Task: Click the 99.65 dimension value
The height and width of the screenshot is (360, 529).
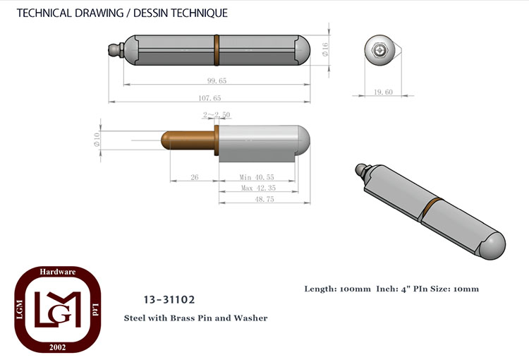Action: (x=217, y=80)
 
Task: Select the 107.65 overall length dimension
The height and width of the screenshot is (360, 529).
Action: (x=209, y=98)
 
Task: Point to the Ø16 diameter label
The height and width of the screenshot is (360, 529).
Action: (x=325, y=49)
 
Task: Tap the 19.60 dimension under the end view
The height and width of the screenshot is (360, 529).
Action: (x=383, y=92)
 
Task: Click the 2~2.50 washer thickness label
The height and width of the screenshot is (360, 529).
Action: (x=217, y=115)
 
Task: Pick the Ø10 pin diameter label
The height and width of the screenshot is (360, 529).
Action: (x=97, y=140)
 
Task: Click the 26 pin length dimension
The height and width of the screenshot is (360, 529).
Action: (x=195, y=177)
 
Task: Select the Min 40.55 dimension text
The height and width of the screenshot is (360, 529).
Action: (x=257, y=177)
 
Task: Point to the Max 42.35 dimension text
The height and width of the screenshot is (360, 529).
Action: (x=258, y=188)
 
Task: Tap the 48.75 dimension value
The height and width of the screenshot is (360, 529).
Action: (x=264, y=199)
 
